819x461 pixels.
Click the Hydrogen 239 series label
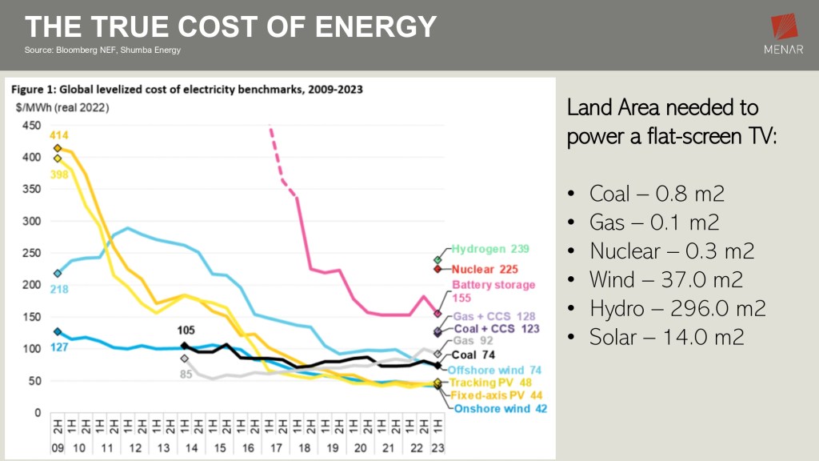point(489,249)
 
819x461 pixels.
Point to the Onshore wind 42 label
point(500,408)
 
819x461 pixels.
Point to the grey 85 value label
point(185,373)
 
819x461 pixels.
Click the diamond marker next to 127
point(58,331)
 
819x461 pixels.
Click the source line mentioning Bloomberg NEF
point(103,50)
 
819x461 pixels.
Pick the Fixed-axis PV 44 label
point(497,395)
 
